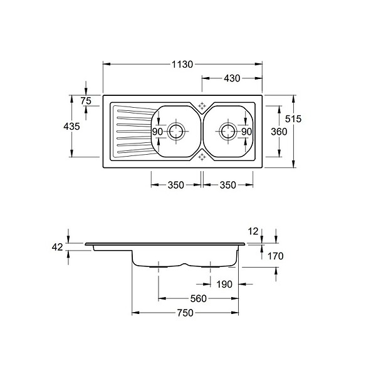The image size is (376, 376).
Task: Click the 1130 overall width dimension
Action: coord(182,65)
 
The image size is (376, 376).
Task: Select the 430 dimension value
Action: coord(232,78)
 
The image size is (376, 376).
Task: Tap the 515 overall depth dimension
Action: coord(293,118)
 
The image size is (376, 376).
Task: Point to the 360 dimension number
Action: coord(279,132)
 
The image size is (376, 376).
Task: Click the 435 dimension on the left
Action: coord(71,126)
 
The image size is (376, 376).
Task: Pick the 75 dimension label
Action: coord(86,101)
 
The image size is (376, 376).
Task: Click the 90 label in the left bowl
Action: coord(157,132)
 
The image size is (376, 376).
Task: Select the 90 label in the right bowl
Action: coord(246,132)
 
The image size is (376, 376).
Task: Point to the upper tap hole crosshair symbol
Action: coord(202,106)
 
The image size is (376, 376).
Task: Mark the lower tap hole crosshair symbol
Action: coord(202,157)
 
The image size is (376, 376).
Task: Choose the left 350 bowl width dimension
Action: coord(175,185)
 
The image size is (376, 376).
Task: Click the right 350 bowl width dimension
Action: coord(228,185)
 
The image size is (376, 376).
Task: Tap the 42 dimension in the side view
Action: coord(57,247)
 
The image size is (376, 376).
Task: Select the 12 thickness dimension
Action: coord(253,231)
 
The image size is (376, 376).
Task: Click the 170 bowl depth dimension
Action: coord(275,256)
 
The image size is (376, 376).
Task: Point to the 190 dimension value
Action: coord(224,284)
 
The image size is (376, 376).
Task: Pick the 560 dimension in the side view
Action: coord(198,298)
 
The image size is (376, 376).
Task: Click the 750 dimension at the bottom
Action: coord(185,313)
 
